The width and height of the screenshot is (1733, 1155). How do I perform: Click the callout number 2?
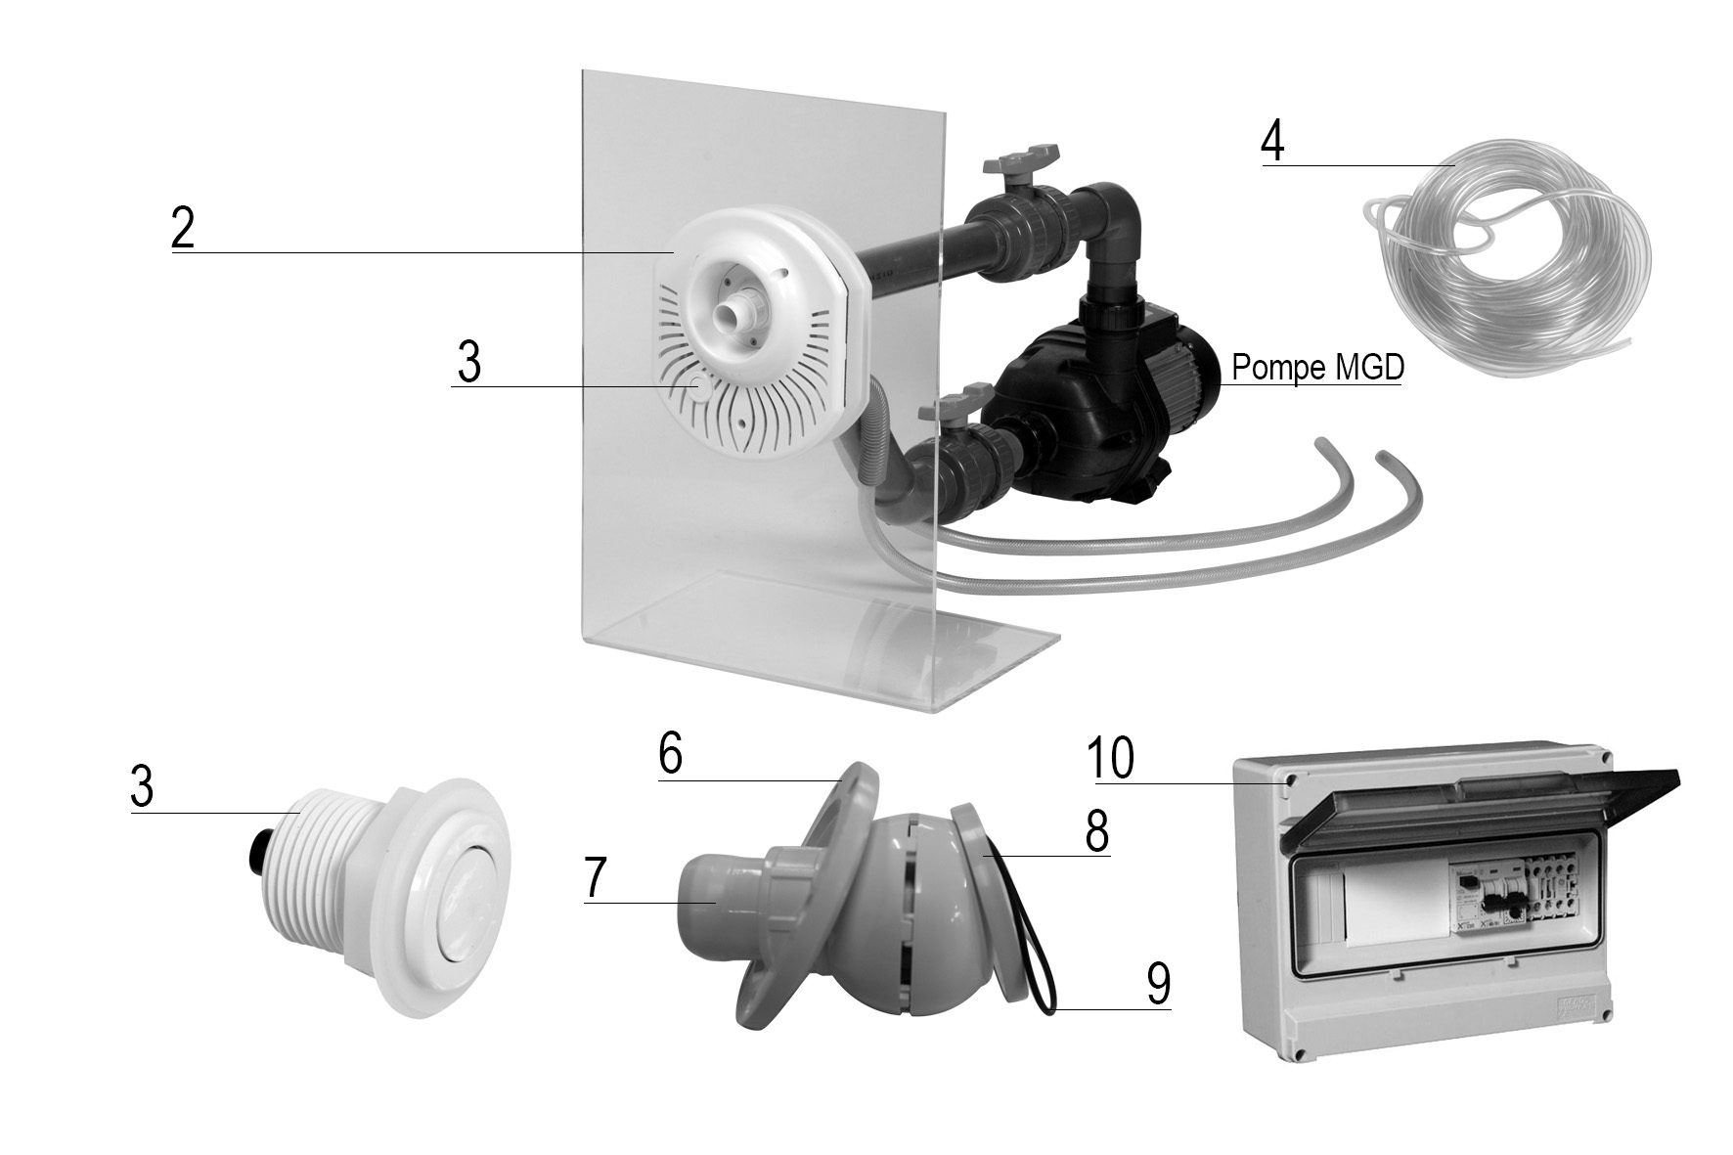click(182, 229)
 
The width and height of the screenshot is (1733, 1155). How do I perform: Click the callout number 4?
click(1272, 143)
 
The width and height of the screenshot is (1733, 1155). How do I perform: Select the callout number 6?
click(670, 755)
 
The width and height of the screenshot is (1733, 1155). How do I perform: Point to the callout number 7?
click(596, 877)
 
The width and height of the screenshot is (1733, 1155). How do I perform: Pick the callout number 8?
click(1096, 831)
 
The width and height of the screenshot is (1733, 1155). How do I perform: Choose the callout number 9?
click(1158, 983)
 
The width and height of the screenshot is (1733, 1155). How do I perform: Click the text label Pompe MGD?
click(1317, 368)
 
